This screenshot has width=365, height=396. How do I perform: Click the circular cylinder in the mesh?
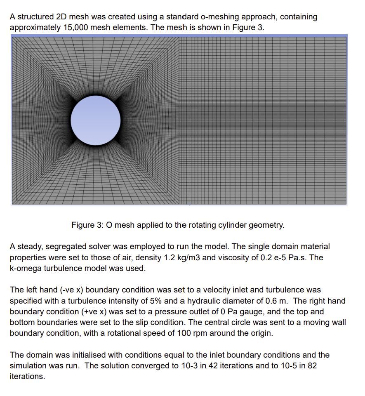95,120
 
